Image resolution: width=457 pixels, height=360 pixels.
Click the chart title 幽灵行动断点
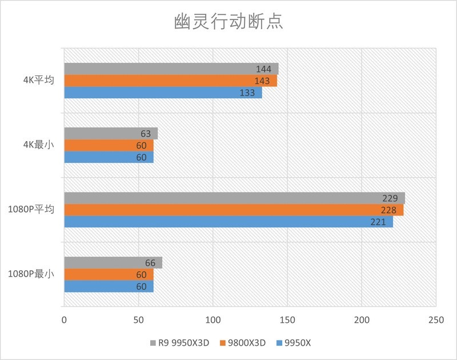pos(228,22)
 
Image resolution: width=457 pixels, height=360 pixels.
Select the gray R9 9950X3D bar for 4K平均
pos(171,69)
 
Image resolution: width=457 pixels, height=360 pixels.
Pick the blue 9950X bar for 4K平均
pos(163,93)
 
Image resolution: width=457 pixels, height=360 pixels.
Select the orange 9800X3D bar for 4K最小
pos(109,145)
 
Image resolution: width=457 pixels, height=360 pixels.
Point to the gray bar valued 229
pos(234,198)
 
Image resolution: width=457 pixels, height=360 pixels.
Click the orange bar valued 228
pos(234,210)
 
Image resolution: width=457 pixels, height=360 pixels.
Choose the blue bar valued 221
pos(228,222)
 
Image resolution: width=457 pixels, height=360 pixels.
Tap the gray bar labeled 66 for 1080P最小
pos(113,263)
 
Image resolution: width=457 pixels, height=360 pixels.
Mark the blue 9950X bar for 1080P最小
pos(109,286)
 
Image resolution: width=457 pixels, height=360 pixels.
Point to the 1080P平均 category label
pos(31,210)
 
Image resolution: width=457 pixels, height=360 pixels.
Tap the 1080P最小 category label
pos(31,274)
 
